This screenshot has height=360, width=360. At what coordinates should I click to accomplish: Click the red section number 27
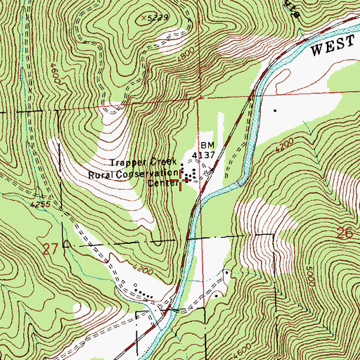49,248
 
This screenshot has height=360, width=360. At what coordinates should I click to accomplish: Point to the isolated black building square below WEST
275,110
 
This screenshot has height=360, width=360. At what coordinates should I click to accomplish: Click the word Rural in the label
101,173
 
